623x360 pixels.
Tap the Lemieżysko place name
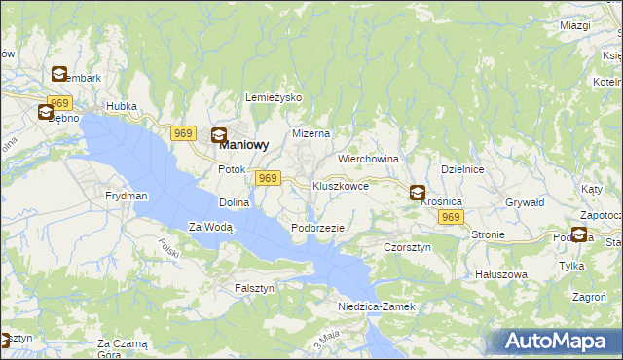(275, 98)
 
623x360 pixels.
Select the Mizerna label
(312, 133)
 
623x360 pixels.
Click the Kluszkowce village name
(340, 185)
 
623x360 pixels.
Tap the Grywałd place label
(524, 202)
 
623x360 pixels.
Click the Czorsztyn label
(407, 247)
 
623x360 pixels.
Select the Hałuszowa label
(500, 274)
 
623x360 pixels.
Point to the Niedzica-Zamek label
(377, 306)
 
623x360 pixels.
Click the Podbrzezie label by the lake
(317, 228)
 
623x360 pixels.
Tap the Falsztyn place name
(255, 289)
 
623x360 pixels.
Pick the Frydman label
(127, 196)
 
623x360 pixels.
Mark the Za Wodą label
(210, 228)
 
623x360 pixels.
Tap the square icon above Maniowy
(220, 135)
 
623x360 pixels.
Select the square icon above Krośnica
(418, 193)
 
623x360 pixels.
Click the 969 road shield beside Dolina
(269, 178)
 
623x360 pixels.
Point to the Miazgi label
(576, 25)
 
